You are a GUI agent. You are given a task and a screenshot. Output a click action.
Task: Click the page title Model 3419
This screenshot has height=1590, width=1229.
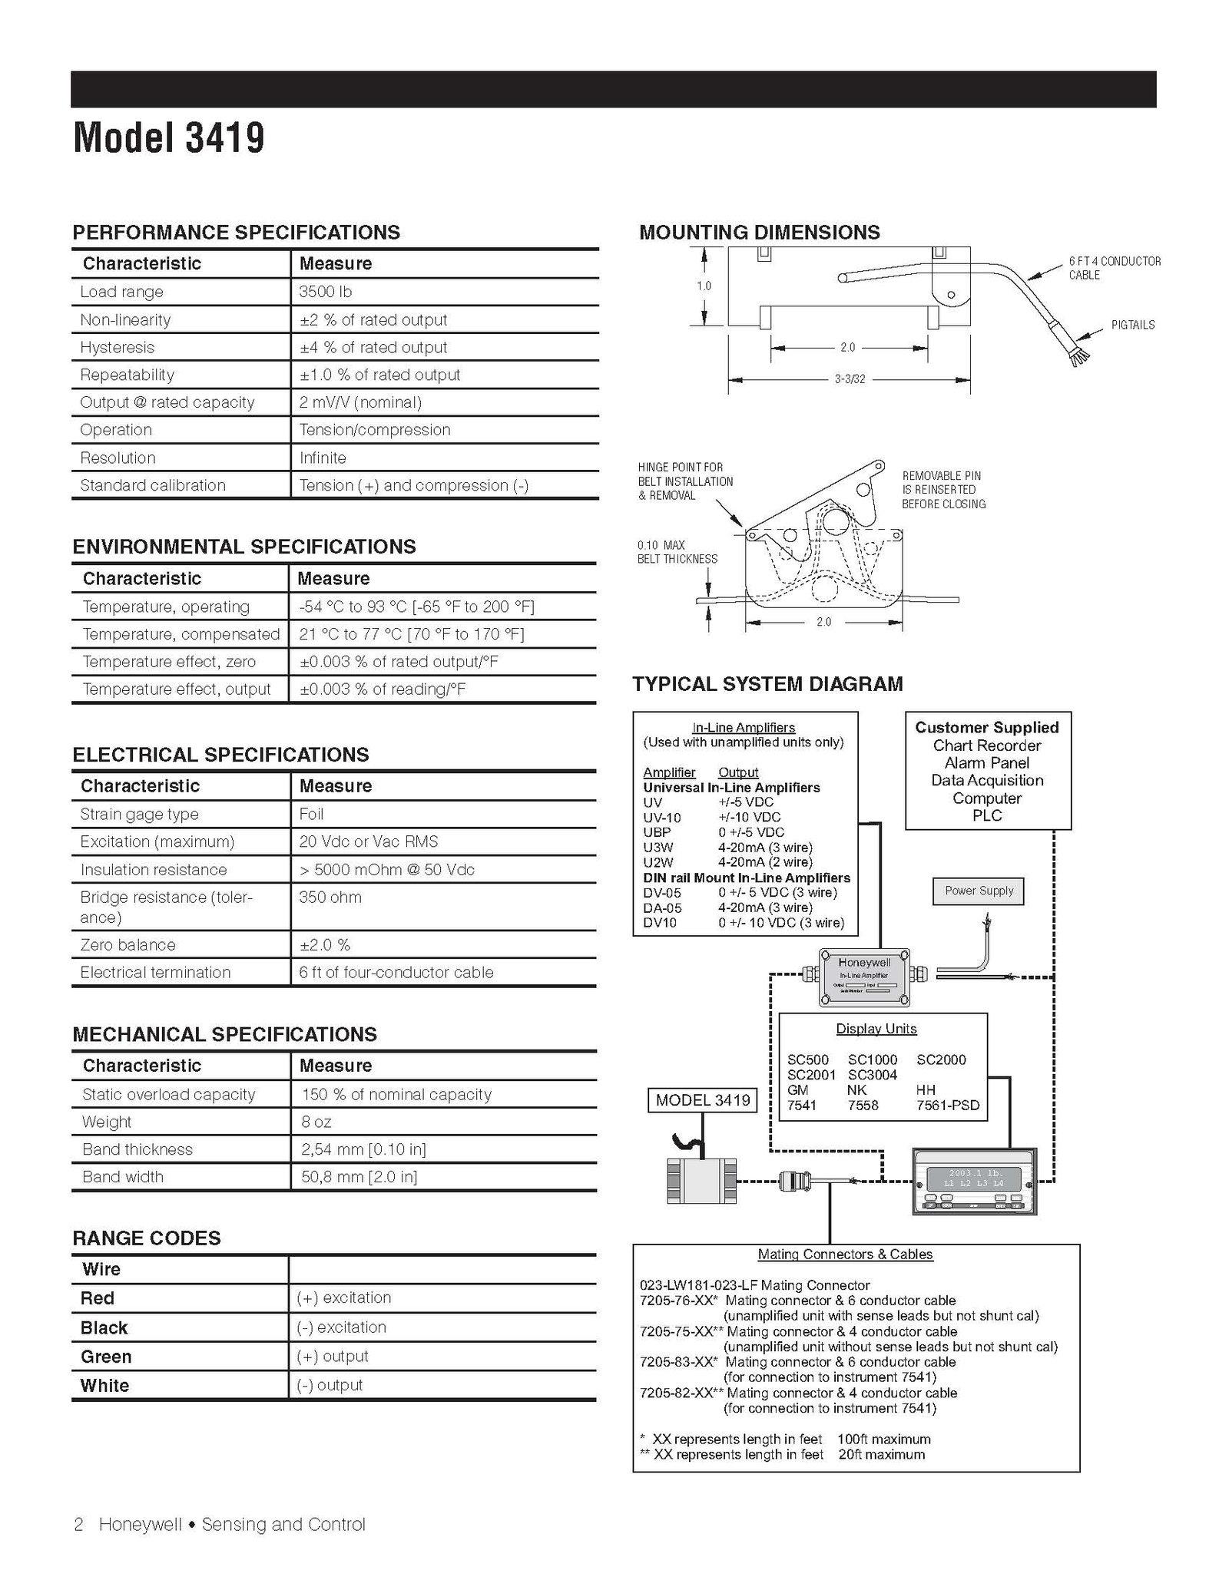(169, 138)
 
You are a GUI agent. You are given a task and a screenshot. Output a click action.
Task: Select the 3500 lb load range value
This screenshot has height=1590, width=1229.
(326, 292)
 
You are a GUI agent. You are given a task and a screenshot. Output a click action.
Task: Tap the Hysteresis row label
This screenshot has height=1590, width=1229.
(117, 347)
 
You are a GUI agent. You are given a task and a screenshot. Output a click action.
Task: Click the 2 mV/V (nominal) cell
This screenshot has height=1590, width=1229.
(360, 402)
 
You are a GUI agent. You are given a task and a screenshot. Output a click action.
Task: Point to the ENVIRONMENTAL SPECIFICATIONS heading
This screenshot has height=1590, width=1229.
(244, 547)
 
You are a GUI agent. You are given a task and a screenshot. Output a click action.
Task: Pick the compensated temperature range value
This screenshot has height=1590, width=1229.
(412, 634)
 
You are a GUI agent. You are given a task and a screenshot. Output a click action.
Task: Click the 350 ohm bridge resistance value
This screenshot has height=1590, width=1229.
(330, 897)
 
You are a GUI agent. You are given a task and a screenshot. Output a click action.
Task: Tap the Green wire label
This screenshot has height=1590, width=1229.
(106, 1357)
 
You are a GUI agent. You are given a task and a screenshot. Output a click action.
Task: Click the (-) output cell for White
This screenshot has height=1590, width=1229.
(330, 1385)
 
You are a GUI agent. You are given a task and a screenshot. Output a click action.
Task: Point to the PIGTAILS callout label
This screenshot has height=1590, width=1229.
(1133, 325)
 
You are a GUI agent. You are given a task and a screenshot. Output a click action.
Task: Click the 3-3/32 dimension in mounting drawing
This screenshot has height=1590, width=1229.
(850, 379)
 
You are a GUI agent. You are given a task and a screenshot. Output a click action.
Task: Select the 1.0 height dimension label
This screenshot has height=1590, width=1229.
(704, 286)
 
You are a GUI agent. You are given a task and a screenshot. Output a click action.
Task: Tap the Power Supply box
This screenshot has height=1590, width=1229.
(979, 891)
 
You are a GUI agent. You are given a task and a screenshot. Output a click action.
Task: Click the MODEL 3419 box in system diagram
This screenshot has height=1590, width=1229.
(703, 1100)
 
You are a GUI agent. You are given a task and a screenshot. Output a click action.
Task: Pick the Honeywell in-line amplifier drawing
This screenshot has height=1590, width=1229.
(865, 977)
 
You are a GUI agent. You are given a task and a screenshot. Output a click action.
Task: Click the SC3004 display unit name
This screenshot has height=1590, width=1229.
(873, 1075)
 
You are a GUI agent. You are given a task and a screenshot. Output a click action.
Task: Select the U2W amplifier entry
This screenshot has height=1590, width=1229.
(658, 862)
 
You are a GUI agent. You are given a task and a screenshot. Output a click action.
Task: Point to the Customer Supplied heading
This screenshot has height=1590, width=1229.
(987, 727)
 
